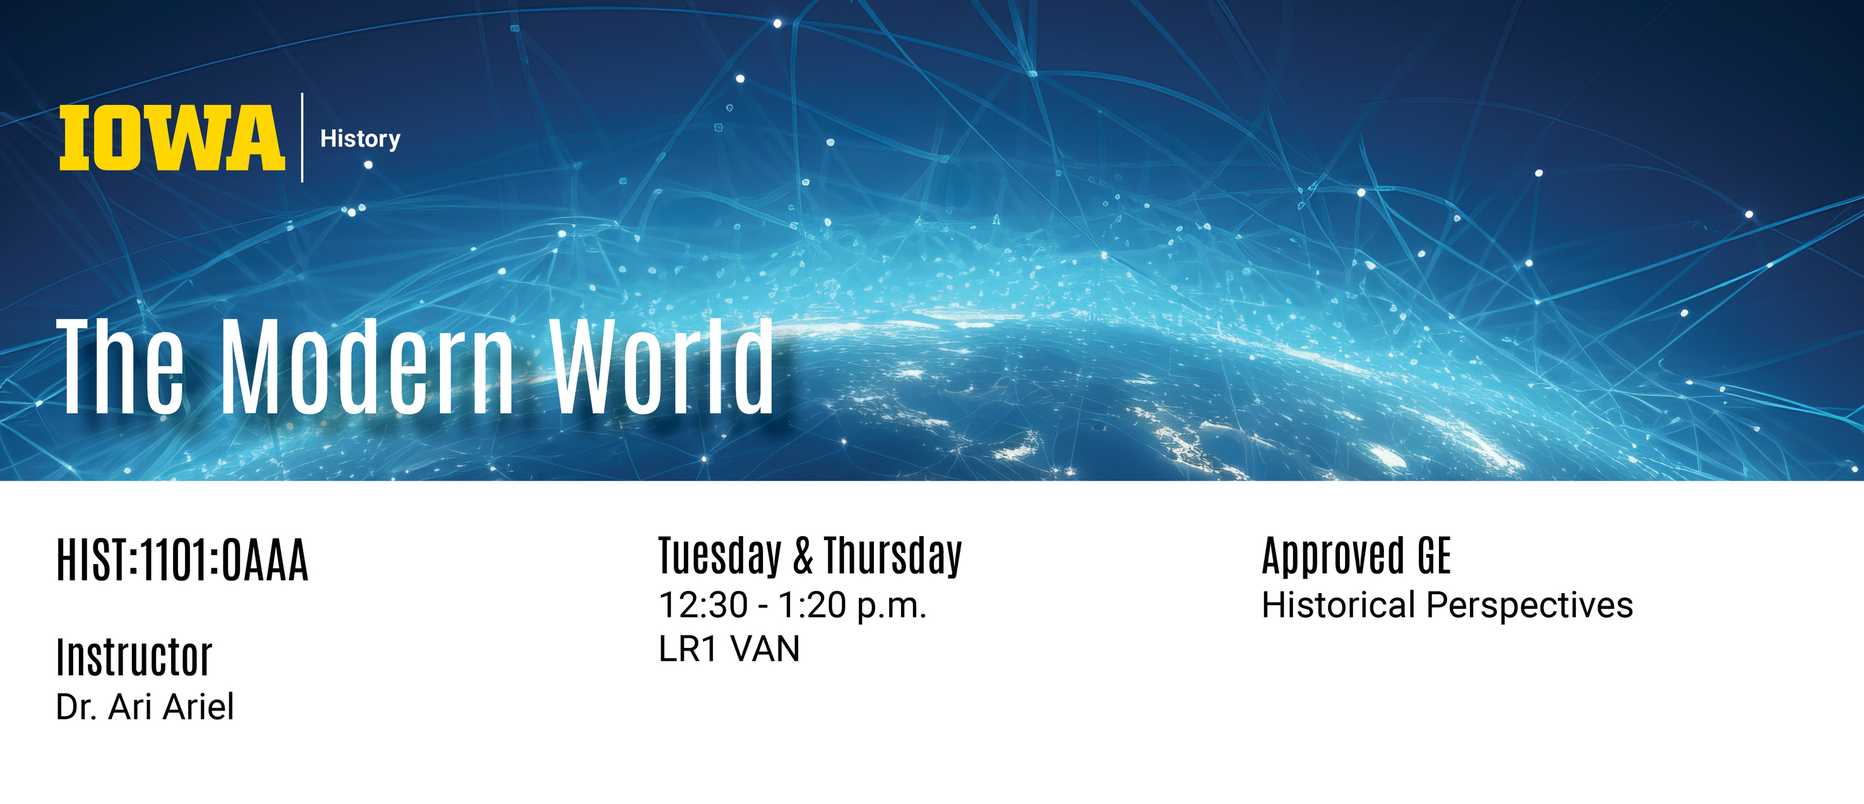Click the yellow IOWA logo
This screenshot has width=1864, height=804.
172,138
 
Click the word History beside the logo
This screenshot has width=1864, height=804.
361,139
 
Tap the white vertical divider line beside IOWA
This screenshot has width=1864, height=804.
302,138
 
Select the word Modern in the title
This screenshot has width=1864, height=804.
367,366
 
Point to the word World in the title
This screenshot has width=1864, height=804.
661,366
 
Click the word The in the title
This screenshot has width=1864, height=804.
120,366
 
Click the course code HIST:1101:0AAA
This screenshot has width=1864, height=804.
182,560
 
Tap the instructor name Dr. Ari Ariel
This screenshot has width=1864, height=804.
145,707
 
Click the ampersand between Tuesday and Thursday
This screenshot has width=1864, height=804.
803,556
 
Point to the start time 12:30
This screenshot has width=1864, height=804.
703,605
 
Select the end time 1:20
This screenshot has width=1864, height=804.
812,605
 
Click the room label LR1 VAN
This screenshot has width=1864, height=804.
729,649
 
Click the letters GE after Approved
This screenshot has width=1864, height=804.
1434,556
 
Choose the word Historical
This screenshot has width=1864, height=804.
1339,605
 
